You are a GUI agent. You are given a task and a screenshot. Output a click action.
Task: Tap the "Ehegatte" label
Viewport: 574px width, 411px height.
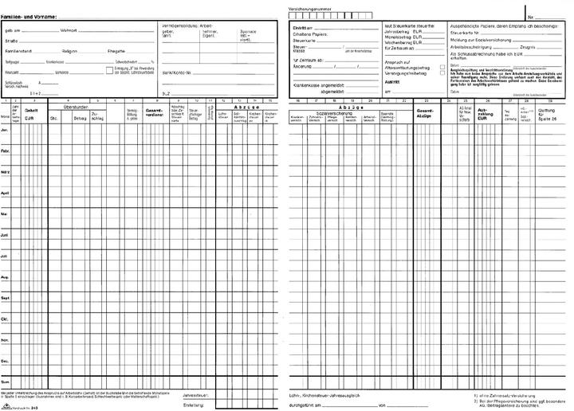point(116,50)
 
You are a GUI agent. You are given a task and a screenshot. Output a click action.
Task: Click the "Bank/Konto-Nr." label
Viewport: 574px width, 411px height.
point(176,72)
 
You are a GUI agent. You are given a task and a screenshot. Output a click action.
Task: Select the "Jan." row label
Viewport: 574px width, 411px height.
point(5,129)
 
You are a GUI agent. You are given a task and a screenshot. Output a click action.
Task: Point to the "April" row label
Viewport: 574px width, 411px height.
point(5,193)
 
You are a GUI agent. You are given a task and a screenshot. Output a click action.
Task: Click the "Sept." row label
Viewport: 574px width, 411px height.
point(5,299)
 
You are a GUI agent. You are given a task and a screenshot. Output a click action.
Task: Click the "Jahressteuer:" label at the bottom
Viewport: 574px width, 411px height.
point(196,394)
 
